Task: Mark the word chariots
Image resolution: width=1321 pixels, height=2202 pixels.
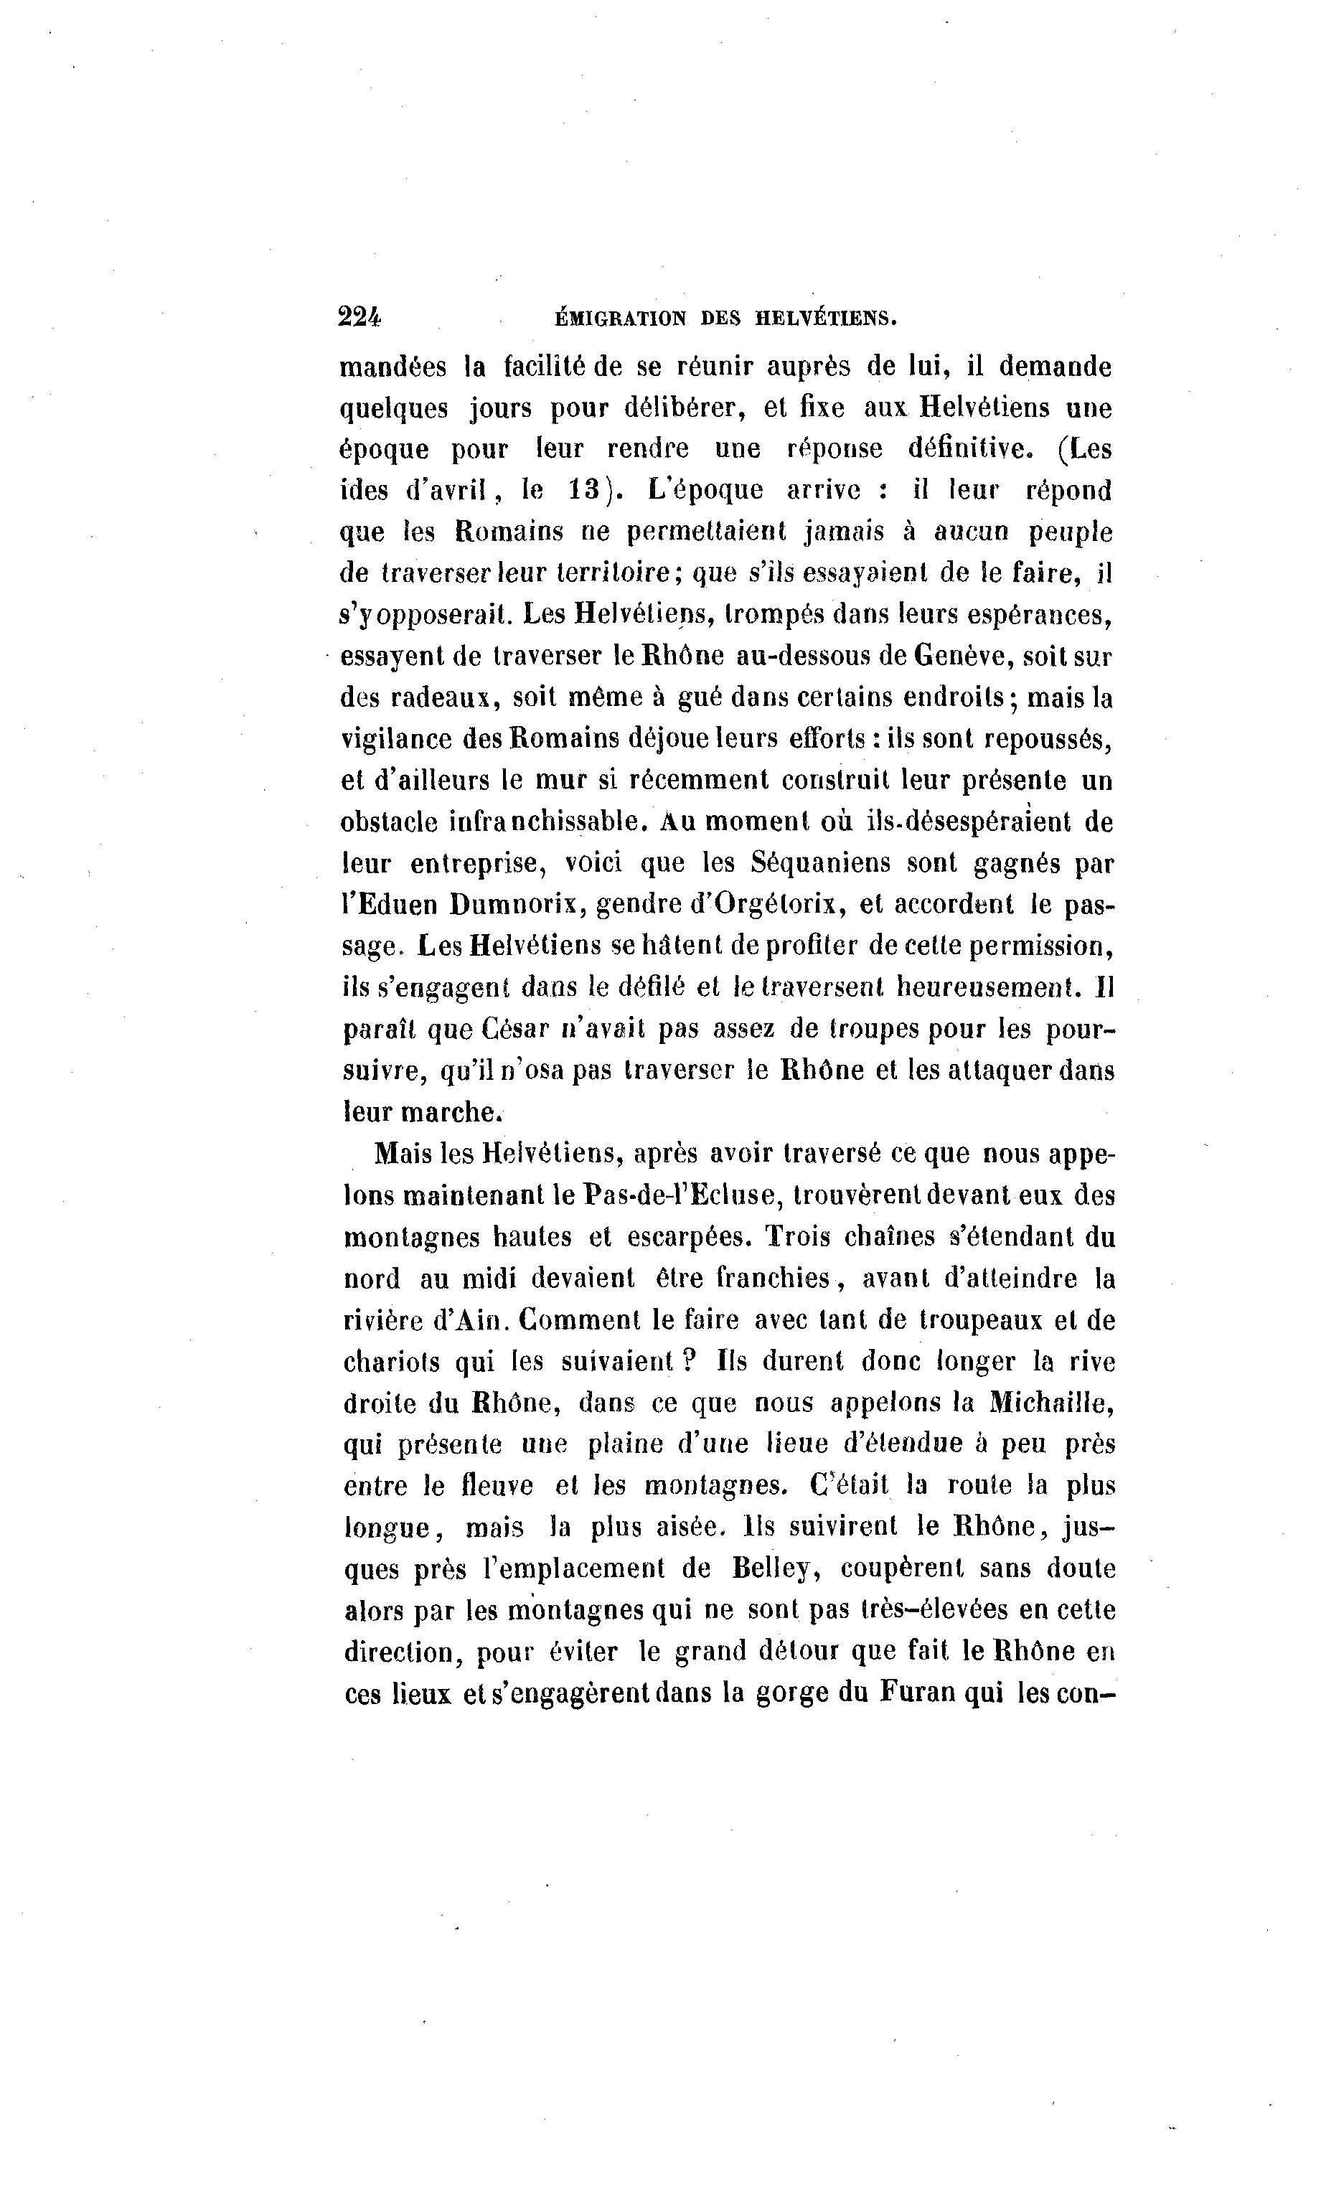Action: [x=389, y=1362]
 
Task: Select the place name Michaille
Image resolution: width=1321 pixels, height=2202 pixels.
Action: [x=1051, y=1403]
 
